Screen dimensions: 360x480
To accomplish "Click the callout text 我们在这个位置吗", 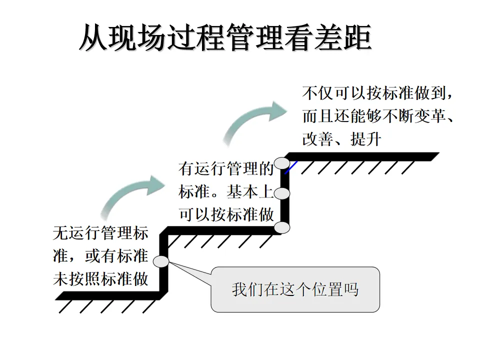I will [295, 289].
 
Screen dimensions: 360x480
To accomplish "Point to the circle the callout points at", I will [161, 261].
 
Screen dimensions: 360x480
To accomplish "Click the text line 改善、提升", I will [341, 138].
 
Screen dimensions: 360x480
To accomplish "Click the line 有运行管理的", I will [226, 169].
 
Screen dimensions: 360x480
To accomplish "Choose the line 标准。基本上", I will [226, 192].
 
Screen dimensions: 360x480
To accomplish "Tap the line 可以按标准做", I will [226, 214].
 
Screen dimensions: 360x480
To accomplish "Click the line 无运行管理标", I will [100, 233].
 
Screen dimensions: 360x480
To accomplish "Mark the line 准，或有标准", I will [100, 256].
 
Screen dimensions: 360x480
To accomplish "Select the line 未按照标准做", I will [100, 279].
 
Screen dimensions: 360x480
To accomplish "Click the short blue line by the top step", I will [291, 166].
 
